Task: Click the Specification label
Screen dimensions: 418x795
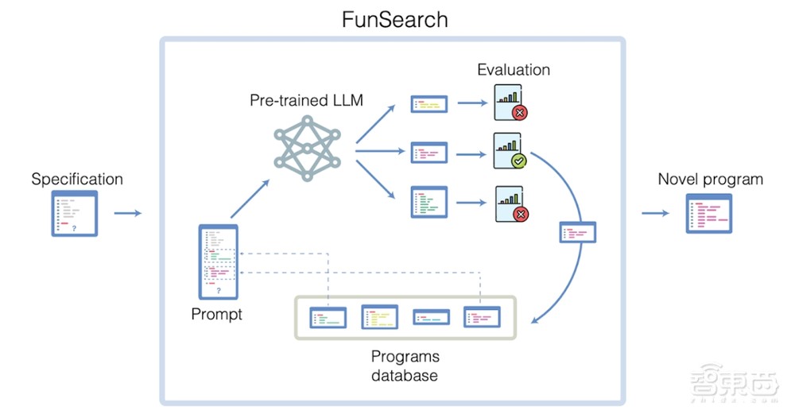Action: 77,179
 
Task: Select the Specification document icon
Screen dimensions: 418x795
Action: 75,213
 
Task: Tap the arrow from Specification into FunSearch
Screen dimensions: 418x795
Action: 127,213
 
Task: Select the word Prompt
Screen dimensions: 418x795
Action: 217,315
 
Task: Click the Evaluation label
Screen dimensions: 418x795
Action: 514,70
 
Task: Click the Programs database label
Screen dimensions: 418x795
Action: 405,365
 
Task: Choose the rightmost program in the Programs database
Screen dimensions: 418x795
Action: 483,318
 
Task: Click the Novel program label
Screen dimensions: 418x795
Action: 710,179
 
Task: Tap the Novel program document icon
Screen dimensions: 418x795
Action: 709,213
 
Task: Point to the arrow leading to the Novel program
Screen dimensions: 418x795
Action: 657,213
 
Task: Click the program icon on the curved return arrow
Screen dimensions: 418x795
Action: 578,233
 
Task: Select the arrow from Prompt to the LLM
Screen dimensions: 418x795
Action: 250,199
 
